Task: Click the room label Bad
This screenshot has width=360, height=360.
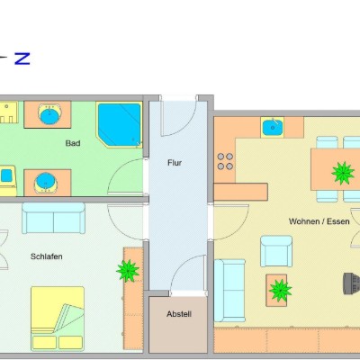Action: point(73,143)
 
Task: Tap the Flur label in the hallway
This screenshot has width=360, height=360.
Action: point(175,163)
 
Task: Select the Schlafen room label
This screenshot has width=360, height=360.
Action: point(47,256)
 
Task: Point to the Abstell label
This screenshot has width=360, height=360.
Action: point(179,314)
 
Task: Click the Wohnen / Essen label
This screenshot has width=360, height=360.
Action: point(319,221)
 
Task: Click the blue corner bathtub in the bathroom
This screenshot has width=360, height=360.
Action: point(120,124)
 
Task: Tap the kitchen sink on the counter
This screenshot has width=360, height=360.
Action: point(273,127)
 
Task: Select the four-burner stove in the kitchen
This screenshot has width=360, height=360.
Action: point(225,161)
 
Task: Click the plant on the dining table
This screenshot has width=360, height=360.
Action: point(343,173)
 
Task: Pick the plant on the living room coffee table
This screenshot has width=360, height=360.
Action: point(280,290)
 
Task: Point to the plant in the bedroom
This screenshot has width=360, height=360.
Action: point(128,271)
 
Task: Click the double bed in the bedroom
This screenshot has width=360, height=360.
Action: point(58,319)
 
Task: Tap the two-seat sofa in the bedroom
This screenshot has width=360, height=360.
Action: point(53,218)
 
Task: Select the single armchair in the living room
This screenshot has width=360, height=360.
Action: point(276,251)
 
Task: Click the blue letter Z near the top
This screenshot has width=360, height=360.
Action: point(22,58)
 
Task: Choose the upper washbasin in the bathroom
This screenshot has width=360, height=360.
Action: point(49,114)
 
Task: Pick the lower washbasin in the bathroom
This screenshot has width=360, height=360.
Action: point(46,183)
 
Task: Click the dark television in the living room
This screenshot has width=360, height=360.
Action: point(351,283)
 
